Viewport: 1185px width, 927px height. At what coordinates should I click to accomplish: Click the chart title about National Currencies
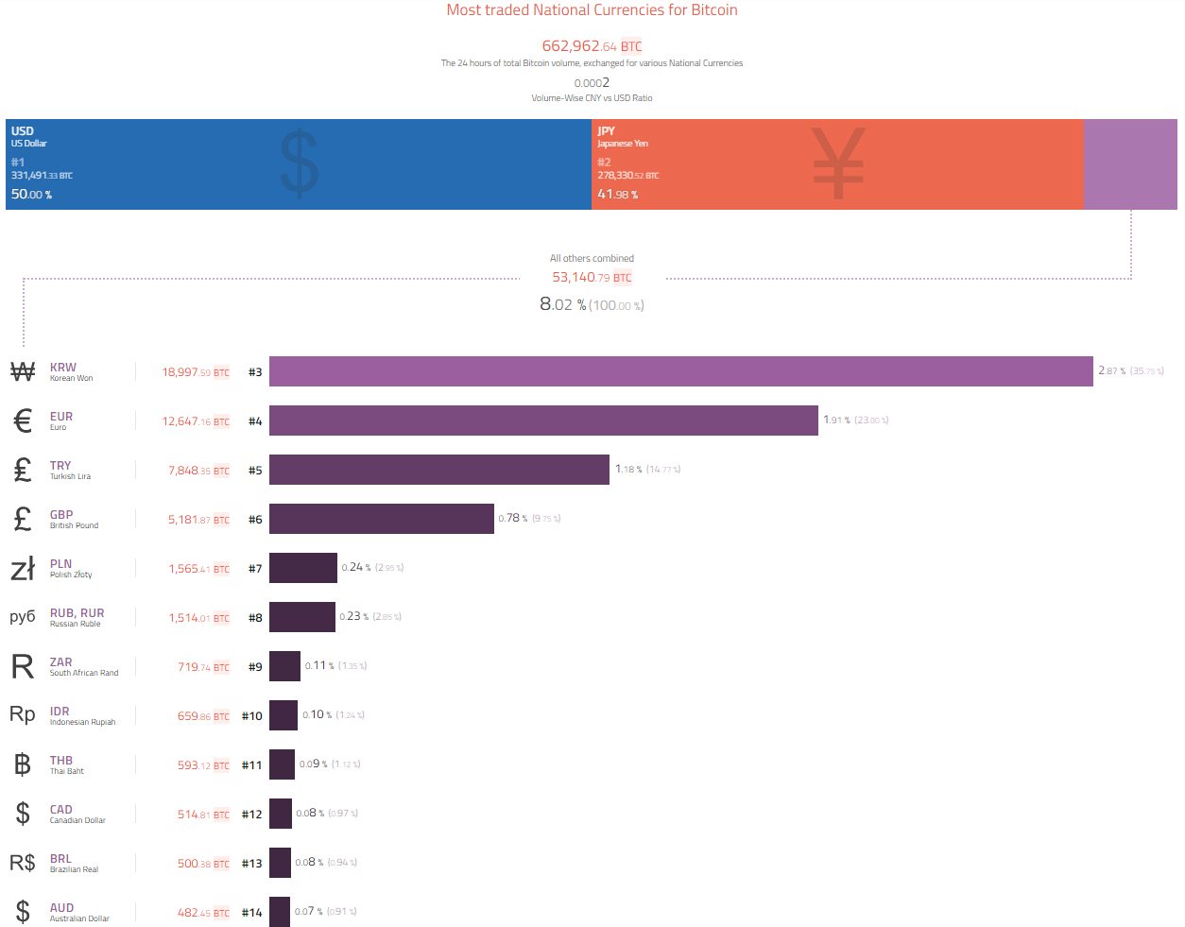click(x=592, y=10)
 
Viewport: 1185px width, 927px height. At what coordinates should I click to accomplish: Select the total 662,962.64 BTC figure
click(x=592, y=45)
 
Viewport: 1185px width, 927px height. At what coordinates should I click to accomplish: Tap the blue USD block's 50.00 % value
click(x=31, y=194)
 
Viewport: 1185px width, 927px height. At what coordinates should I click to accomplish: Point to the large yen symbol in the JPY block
click(x=838, y=163)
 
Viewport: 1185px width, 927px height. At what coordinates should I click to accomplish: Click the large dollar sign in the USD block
click(x=300, y=163)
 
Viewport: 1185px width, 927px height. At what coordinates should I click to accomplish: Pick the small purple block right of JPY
click(x=1130, y=164)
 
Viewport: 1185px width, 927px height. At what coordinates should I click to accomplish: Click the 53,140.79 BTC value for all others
click(x=592, y=277)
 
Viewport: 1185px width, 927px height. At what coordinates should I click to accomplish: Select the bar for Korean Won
click(x=680, y=371)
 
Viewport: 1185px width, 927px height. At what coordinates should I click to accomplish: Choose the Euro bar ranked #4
click(x=543, y=421)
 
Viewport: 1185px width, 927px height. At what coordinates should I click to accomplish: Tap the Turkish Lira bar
click(x=439, y=470)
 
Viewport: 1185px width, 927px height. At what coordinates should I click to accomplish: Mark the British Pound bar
click(x=382, y=519)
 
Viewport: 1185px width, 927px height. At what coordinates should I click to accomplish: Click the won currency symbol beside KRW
click(x=23, y=371)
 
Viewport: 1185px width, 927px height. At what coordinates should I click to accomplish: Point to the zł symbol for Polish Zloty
click(x=23, y=568)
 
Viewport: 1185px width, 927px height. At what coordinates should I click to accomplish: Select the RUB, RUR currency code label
click(x=77, y=612)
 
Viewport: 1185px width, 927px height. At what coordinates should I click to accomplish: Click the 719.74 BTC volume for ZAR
click(x=203, y=667)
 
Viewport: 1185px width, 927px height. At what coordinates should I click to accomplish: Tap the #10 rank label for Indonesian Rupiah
click(x=251, y=716)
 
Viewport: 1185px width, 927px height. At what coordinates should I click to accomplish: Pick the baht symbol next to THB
click(x=23, y=764)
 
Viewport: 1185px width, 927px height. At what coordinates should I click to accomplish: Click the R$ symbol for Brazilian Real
click(x=23, y=862)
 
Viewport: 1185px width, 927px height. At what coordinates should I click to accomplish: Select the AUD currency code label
click(x=61, y=907)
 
